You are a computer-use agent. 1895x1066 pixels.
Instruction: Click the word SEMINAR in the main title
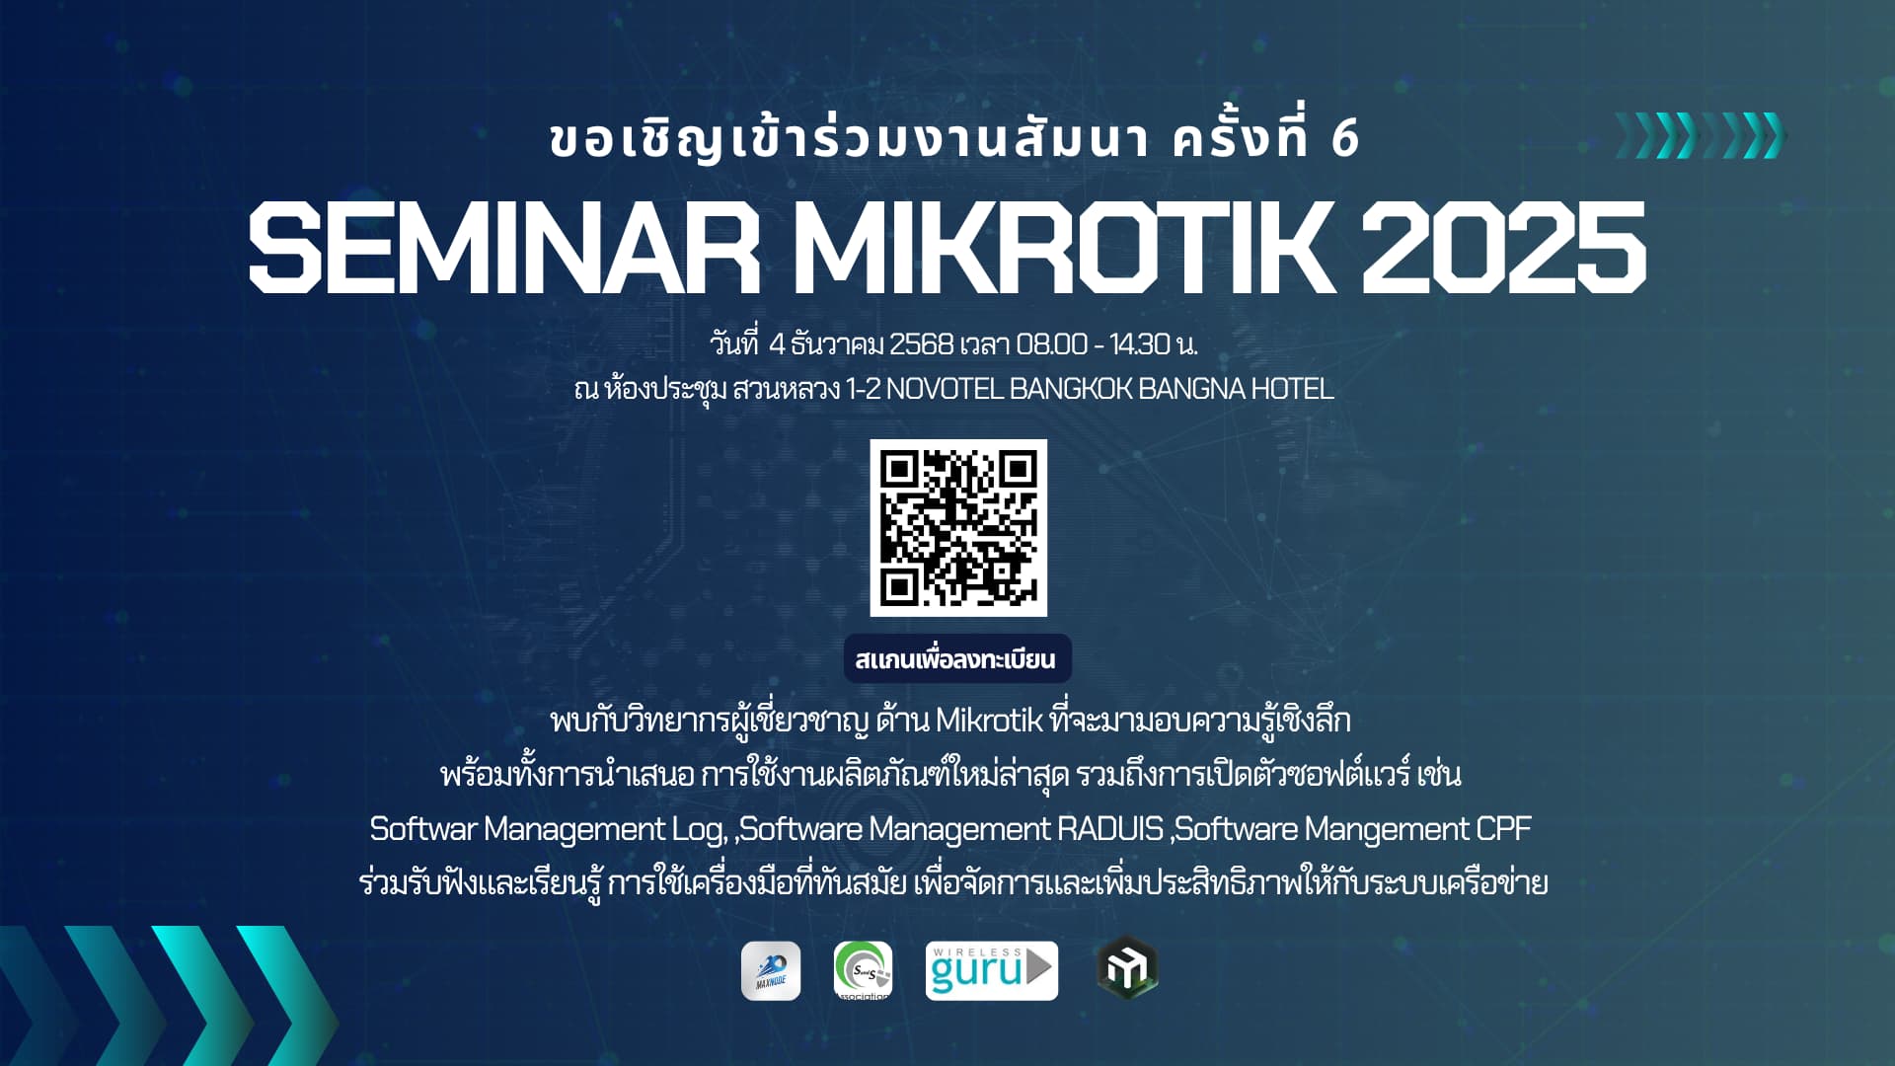(x=504, y=247)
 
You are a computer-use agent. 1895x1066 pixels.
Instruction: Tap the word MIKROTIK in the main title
(x=1059, y=247)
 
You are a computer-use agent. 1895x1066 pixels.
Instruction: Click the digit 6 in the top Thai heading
(x=1345, y=139)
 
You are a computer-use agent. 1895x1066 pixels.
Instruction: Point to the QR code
(x=958, y=528)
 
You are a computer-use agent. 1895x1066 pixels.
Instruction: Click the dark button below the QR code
(x=957, y=658)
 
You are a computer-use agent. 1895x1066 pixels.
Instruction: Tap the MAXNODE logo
(x=771, y=971)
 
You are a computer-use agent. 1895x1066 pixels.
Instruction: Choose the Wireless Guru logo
(x=991, y=971)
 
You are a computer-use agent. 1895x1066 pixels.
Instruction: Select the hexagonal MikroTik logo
(x=1127, y=968)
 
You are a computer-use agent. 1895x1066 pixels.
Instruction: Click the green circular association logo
(x=863, y=971)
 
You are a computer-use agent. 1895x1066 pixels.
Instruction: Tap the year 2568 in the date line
(x=921, y=344)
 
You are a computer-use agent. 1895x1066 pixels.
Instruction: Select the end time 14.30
(x=1140, y=344)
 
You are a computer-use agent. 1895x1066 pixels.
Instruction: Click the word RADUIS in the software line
(x=1110, y=829)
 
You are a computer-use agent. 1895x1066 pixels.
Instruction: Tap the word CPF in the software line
(x=1503, y=829)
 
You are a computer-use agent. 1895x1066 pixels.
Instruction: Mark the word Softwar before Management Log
(x=422, y=829)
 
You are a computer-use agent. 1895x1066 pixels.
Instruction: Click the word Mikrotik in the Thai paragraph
(x=988, y=721)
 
